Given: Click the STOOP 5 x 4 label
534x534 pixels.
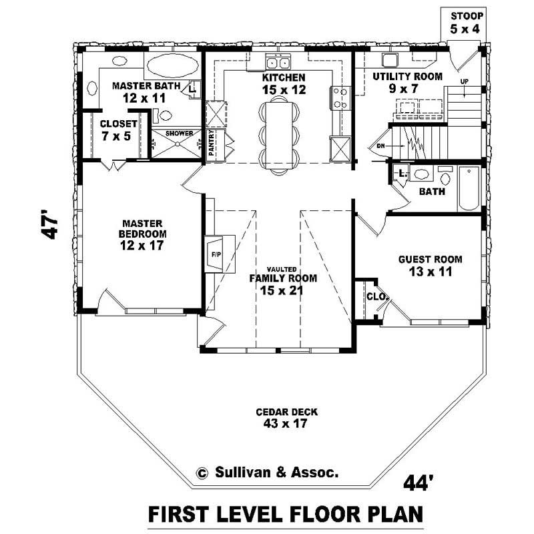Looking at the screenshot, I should (467, 21).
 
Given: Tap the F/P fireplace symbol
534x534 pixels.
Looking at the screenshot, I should (216, 254).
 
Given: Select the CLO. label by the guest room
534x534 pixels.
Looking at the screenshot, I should (372, 297).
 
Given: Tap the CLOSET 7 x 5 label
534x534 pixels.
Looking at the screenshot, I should (118, 129).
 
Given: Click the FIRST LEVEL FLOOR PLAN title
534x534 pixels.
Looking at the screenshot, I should (285, 515).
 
